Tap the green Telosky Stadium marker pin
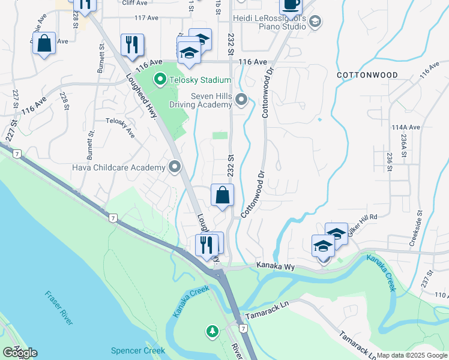(x=160, y=79)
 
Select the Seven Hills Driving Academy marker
(x=241, y=100)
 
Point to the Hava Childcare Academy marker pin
(x=175, y=167)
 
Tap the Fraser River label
(x=59, y=308)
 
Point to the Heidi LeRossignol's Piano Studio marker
(x=316, y=22)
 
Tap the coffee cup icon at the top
(x=291, y=5)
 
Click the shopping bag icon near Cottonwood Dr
(x=222, y=195)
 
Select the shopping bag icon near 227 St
(x=44, y=43)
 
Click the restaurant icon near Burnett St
(x=131, y=44)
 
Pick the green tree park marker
(x=212, y=331)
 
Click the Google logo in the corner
(x=19, y=353)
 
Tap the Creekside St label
(x=416, y=227)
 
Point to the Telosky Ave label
(x=120, y=127)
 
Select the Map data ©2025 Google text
(x=412, y=355)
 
